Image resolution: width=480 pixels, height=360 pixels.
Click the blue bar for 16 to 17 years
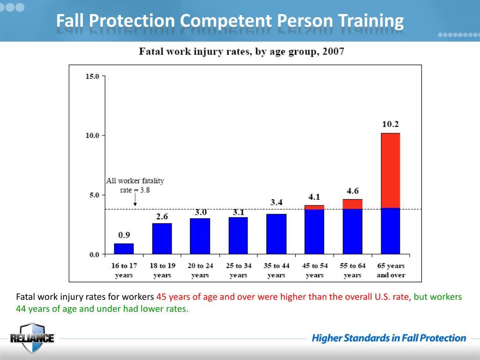pos(124,249)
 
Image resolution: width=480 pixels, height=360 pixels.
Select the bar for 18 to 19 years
pos(162,239)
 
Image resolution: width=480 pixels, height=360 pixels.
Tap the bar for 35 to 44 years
pos(276,234)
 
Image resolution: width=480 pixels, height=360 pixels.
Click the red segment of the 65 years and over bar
pos(390,171)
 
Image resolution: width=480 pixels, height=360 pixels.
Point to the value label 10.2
pos(390,125)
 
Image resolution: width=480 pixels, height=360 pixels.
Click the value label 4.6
pos(352,191)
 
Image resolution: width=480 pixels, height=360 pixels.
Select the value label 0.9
pos(124,235)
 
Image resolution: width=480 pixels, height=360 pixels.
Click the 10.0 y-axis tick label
pos(92,135)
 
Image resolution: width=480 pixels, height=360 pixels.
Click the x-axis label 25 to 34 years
pos(238,270)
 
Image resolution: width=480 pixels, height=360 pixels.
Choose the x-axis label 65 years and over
pos(391,270)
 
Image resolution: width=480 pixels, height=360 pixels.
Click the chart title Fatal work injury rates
pos(241,52)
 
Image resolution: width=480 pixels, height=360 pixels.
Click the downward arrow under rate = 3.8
pos(135,201)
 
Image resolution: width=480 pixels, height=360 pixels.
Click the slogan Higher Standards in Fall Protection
pos(389,338)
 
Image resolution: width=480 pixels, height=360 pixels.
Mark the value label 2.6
pos(162,217)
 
